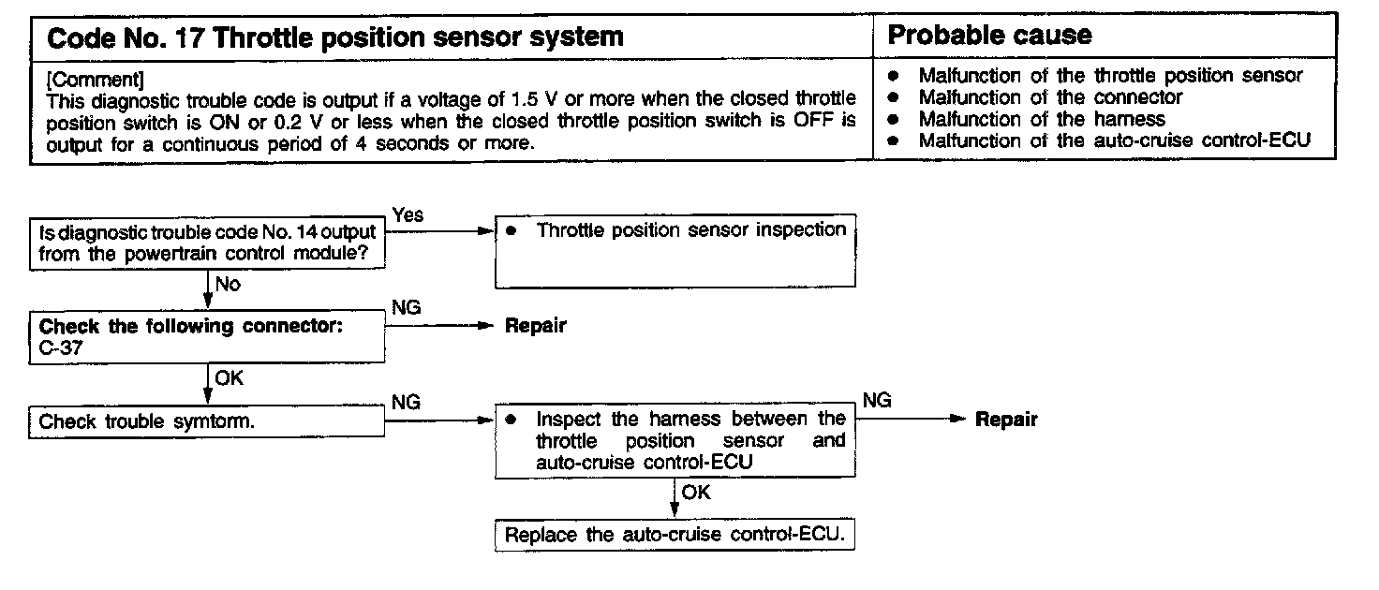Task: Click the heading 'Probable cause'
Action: pos(989,37)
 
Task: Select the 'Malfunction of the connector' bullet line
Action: pos(1049,96)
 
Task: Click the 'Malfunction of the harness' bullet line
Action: pos(1041,119)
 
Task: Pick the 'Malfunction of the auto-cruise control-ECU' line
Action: pos(1113,140)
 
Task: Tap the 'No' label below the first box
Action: pos(228,284)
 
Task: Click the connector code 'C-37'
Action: pos(60,348)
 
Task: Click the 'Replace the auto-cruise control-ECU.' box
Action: pos(675,537)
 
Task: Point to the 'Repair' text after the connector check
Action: pos(536,326)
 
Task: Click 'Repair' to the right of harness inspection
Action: pos(1006,420)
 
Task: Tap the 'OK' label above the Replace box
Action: pos(696,492)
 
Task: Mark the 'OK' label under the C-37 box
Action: pos(230,378)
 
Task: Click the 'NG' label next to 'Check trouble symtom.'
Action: pos(406,402)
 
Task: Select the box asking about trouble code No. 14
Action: pos(207,242)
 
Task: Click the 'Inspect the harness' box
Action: pos(675,439)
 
